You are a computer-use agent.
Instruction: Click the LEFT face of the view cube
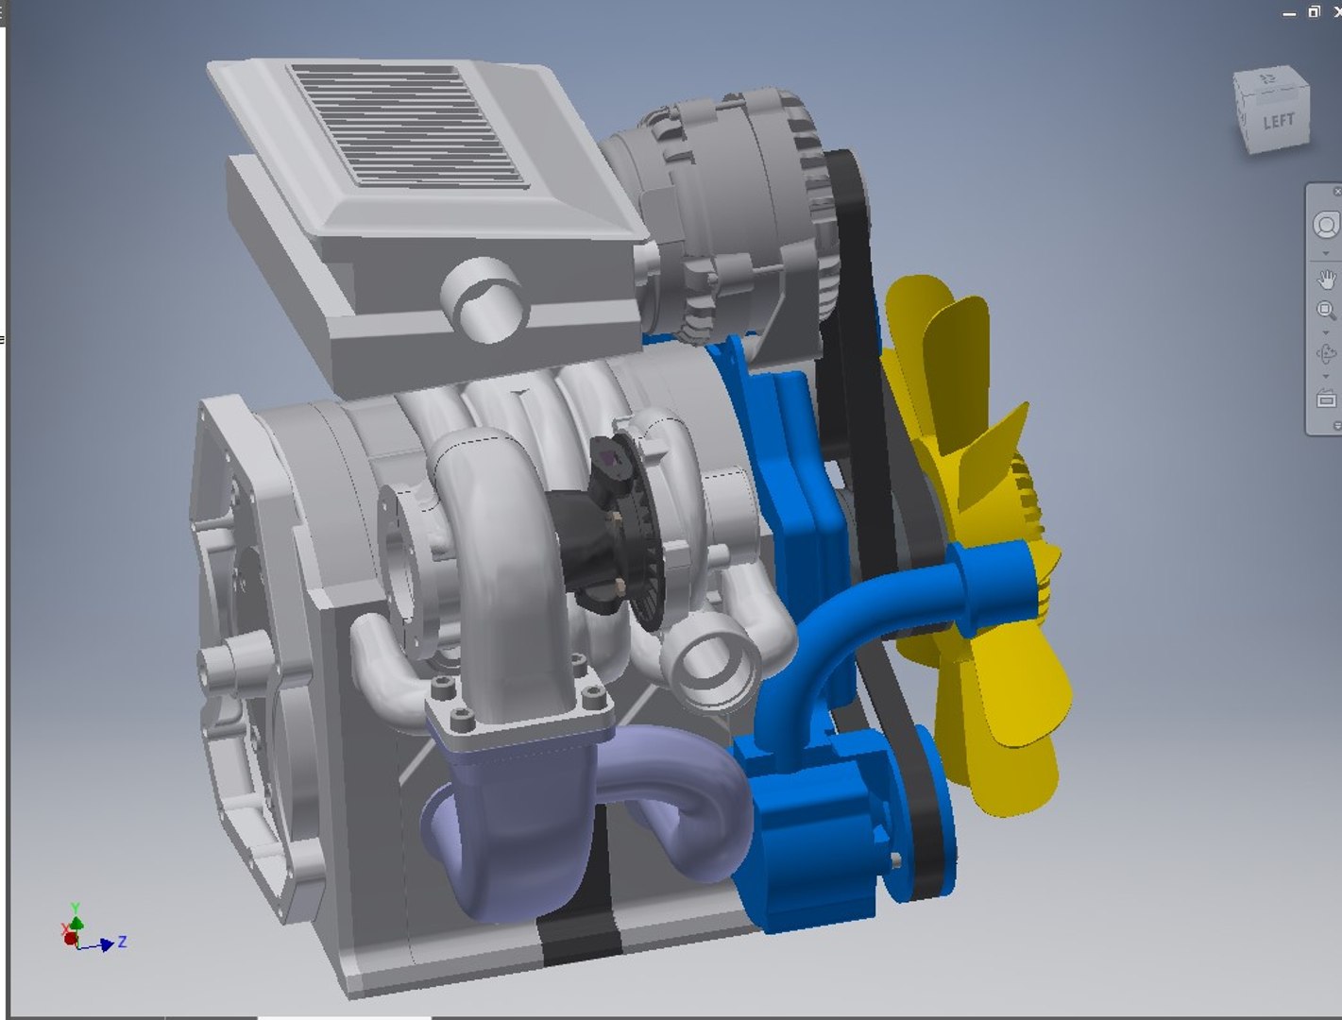[x=1279, y=121]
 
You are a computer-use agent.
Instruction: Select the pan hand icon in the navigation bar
[x=1326, y=280]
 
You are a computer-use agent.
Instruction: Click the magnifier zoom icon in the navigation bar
[x=1326, y=310]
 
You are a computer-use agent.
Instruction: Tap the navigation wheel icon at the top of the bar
[x=1326, y=226]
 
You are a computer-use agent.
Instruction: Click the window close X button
[x=1335, y=12]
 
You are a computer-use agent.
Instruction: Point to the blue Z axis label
[x=122, y=942]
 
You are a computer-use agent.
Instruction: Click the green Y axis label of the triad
[x=75, y=909]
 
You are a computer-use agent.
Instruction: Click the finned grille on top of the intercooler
[x=406, y=123]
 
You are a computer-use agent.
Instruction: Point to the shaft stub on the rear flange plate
[x=227, y=661]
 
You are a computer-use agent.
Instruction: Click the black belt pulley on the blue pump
[x=921, y=812]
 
